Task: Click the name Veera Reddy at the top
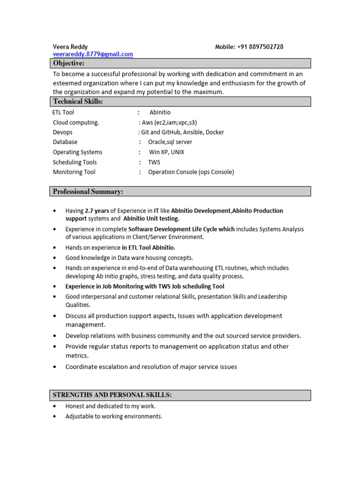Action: click(70, 47)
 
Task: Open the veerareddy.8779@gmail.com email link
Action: click(93, 54)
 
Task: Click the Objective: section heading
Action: click(69, 63)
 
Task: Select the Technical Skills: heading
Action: click(78, 101)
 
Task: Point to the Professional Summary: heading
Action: click(88, 191)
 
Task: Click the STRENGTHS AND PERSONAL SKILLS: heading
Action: click(112, 395)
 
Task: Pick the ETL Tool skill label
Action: click(63, 112)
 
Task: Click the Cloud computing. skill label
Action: click(76, 122)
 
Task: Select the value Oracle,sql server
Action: click(170, 142)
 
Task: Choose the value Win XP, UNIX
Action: click(166, 152)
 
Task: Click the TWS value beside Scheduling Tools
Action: click(154, 162)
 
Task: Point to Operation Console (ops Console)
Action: click(191, 172)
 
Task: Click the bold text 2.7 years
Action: click(97, 211)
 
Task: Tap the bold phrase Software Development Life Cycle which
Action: click(181, 229)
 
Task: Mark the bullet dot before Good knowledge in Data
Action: click(55, 258)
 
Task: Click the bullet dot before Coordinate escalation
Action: click(55, 367)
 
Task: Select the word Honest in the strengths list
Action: click(75, 406)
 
